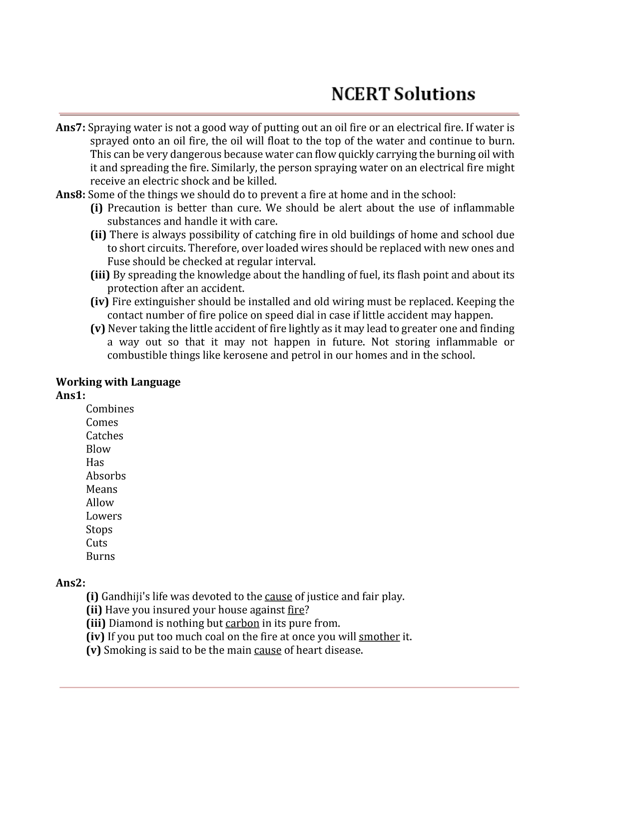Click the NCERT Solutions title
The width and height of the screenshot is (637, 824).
coord(403,94)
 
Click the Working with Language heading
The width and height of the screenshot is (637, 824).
coord(118,382)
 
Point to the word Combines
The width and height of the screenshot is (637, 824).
coord(110,409)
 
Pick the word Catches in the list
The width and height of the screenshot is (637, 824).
coord(104,436)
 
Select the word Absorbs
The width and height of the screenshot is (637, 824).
coord(106,476)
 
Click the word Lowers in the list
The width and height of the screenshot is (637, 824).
coord(104,516)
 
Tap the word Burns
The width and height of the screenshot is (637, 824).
coord(100,556)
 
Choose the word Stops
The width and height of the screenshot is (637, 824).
coord(99,529)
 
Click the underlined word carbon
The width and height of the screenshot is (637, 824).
coord(242,623)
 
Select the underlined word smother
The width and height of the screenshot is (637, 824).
coord(379,637)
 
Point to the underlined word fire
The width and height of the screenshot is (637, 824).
coord(296,610)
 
